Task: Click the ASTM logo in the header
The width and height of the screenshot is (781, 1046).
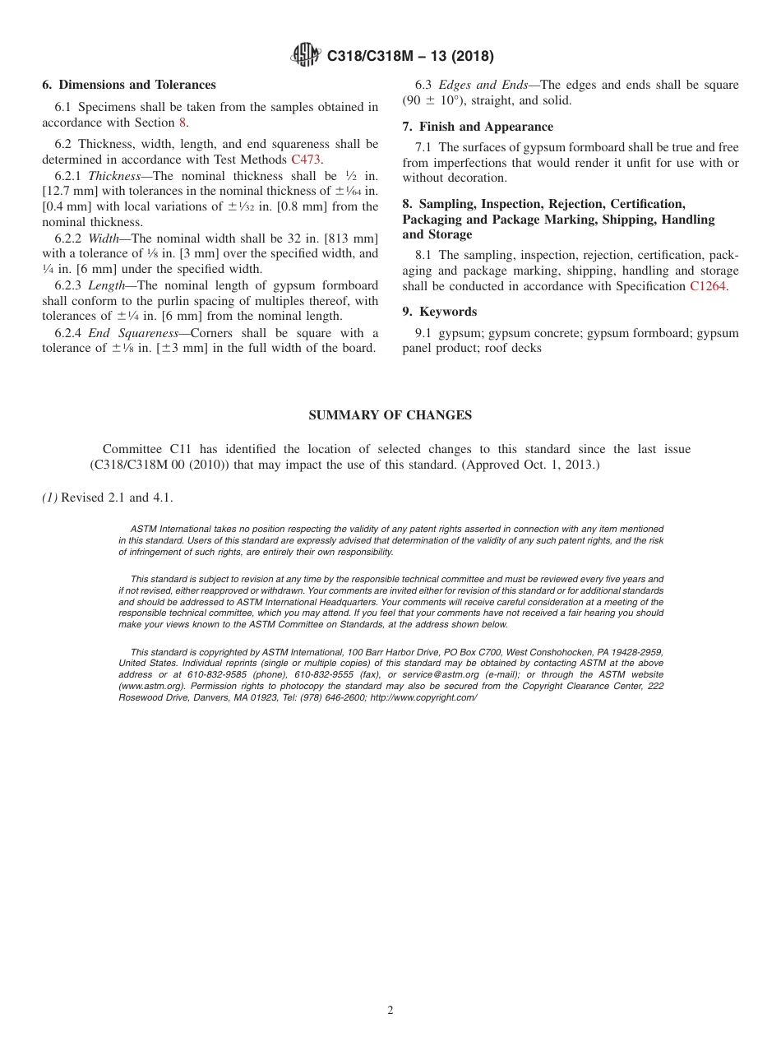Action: click(306, 56)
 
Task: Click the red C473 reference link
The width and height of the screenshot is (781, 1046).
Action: click(307, 160)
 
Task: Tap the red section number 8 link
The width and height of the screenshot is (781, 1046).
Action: click(183, 123)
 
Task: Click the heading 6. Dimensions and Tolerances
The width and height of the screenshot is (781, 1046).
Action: click(129, 85)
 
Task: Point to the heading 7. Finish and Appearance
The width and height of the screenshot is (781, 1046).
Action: click(478, 127)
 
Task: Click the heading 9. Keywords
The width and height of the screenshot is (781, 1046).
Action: click(440, 312)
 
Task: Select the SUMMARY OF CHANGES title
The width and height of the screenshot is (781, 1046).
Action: click(390, 415)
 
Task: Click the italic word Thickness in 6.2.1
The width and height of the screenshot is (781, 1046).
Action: click(114, 176)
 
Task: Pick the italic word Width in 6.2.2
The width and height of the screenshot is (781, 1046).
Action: click(103, 238)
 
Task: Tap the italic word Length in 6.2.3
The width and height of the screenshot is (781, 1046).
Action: click(107, 285)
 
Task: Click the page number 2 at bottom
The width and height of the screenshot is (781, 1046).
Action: click(390, 1011)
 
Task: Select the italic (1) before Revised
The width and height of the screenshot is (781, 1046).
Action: click(49, 498)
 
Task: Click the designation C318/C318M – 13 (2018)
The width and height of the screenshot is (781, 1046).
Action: click(410, 56)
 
